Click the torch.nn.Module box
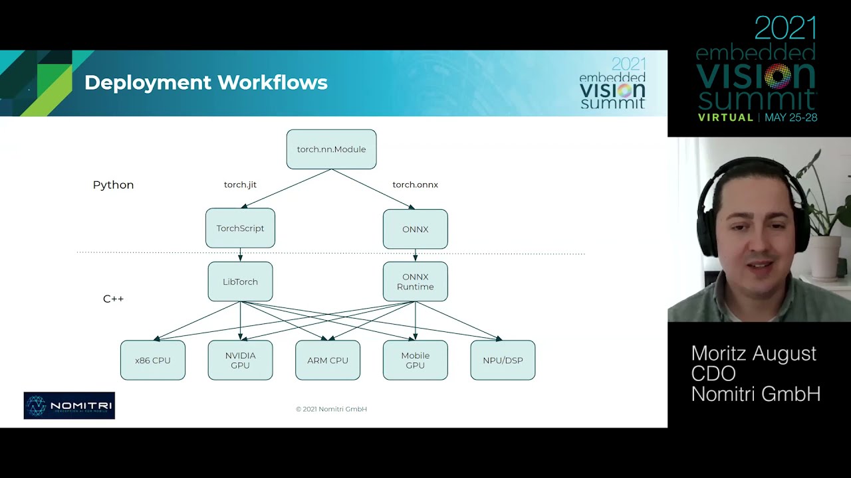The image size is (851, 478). coord(331,149)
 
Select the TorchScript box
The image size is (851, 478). coord(240,228)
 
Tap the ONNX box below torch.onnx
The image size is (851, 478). coord(415,229)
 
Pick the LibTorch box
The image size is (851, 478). coord(240,281)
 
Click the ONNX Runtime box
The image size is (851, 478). coord(415,281)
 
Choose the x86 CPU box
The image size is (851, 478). coord(153,360)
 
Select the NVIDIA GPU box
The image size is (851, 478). coord(240,360)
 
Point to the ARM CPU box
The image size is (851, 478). coord(328,360)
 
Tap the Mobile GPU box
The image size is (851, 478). coord(415,360)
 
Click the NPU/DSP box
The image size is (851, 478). coord(503,360)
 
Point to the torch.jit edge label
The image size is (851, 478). coord(240,185)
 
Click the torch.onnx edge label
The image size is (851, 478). coord(415,185)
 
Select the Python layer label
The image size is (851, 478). coord(113,185)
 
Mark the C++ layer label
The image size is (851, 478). coord(113,299)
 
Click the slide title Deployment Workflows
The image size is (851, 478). coord(205,83)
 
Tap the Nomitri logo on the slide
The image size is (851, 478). coord(69,406)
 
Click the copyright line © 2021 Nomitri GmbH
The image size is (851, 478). coord(331,409)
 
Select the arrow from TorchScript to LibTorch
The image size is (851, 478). coord(240,255)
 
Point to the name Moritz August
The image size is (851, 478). coord(753,353)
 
